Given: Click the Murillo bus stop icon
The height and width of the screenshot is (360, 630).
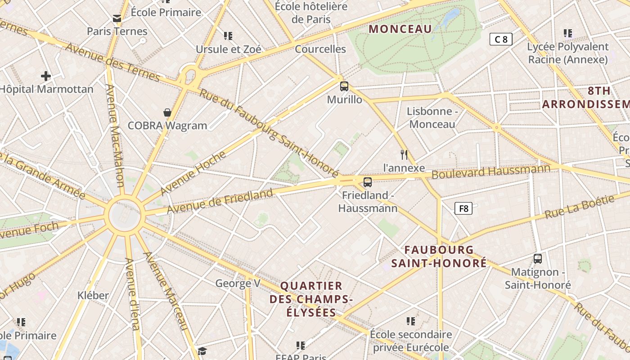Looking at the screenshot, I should coord(344,86).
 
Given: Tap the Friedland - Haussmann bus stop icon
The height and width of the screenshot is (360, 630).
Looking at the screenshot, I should coord(368,182).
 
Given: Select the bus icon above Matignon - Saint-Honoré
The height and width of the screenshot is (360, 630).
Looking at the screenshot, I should coord(537,259).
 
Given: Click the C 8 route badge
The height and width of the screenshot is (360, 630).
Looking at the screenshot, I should coord(501,39).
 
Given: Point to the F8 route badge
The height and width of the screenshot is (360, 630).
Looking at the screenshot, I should coord(463,208).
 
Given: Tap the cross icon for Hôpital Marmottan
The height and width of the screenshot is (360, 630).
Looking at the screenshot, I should coord(45,76).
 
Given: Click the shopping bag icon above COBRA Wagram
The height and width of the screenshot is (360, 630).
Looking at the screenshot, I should coord(167,112).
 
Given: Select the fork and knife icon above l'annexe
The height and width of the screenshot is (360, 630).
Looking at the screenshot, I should coord(404,155).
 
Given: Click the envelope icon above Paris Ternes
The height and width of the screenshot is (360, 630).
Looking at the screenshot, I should coord(117,18).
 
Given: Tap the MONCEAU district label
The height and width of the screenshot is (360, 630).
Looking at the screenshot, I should coord(400,29).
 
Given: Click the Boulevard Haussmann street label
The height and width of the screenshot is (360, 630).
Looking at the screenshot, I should coord(491,171).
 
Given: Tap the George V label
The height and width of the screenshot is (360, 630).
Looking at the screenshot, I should coord(238,283).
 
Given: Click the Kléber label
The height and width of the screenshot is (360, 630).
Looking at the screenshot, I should coord(93,296).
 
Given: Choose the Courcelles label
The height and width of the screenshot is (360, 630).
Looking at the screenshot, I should coord(320,49).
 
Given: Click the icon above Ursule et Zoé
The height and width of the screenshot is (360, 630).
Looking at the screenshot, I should coord(228,36).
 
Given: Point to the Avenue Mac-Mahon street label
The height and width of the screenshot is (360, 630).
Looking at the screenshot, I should coord(115,135).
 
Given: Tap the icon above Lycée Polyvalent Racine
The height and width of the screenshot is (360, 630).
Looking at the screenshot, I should coord(568,33).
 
